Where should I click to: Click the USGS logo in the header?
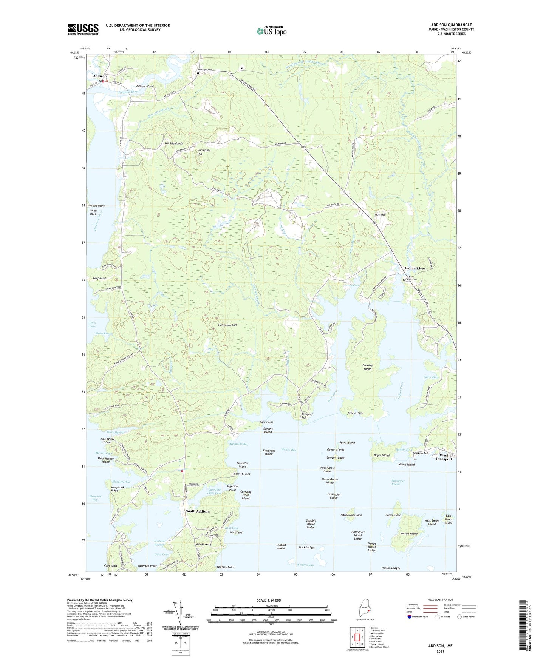pos(83,29)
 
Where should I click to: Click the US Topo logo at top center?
pos(271,31)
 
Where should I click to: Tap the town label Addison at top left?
pos(100,76)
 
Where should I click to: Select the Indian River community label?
pos(415,268)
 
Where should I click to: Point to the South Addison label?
pos(197,511)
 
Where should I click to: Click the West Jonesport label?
pos(443,457)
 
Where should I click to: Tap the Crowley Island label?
pos(368,367)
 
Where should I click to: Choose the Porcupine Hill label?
pos(204,152)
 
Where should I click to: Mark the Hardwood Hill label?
pos(227,325)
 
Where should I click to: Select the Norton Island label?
pos(409,533)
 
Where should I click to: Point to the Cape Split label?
pos(111,565)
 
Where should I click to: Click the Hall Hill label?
pos(380,214)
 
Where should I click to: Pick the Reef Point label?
pos(99,278)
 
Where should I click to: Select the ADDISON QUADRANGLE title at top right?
pos(451,25)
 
